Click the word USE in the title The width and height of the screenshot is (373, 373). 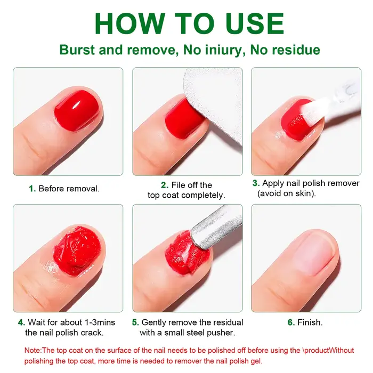click(x=255, y=23)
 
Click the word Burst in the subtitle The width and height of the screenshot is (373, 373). click(x=77, y=50)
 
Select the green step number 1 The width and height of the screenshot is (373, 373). click(x=32, y=189)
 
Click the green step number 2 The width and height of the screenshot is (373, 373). click(x=165, y=185)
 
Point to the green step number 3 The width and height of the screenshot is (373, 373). click(x=256, y=183)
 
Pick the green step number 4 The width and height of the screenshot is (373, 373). click(x=21, y=322)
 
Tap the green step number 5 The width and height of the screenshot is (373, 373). click(x=135, y=322)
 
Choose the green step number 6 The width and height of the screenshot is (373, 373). click(x=291, y=322)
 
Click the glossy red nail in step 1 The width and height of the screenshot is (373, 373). click(x=77, y=110)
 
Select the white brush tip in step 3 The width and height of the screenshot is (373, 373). click(x=309, y=110)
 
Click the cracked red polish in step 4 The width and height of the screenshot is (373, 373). click(x=77, y=250)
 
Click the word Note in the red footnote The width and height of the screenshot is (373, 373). click(x=33, y=351)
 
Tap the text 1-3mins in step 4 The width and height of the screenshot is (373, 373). click(x=100, y=322)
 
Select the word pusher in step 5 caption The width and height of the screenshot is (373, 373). click(x=221, y=333)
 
